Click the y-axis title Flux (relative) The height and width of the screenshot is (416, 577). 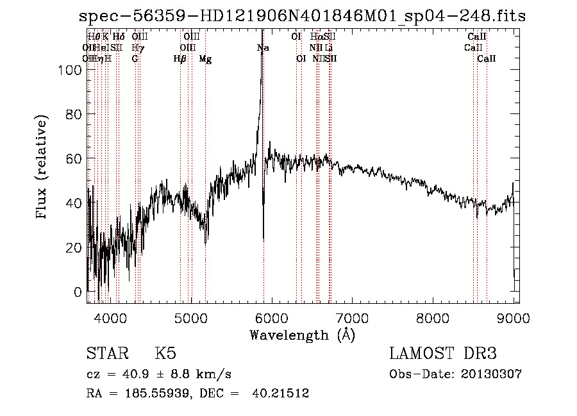pyautogui.click(x=42, y=169)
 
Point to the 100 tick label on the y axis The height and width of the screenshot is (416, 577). pyautogui.click(x=72, y=71)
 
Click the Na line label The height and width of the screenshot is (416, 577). pyautogui.click(x=263, y=48)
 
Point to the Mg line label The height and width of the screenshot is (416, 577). pyautogui.click(x=205, y=59)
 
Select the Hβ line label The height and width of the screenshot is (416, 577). pyautogui.click(x=180, y=59)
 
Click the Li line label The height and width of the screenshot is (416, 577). pyautogui.click(x=328, y=48)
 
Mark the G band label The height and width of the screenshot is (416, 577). pyautogui.click(x=135, y=59)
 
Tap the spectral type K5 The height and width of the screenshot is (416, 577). pyautogui.click(x=165, y=354)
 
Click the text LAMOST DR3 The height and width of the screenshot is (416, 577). pyautogui.click(x=443, y=354)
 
